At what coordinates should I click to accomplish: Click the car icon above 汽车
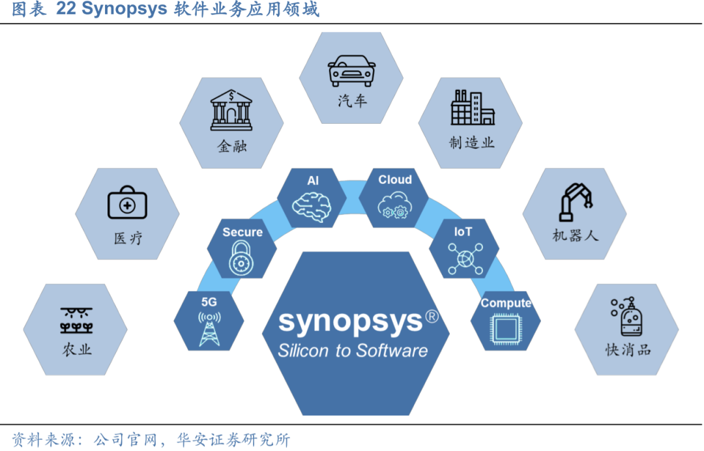351,70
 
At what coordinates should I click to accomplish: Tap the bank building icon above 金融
231,111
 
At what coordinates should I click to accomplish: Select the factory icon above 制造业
472,108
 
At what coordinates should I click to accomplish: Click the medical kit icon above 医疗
127,203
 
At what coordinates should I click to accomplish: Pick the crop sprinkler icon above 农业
76,319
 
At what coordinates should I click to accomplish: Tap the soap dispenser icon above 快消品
627,317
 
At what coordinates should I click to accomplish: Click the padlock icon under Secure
242,259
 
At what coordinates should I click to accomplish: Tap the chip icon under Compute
506,329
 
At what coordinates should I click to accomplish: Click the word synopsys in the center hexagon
351,321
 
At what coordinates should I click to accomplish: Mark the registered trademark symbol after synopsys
432,315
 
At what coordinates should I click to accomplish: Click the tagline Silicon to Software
353,350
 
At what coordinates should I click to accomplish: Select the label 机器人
575,235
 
